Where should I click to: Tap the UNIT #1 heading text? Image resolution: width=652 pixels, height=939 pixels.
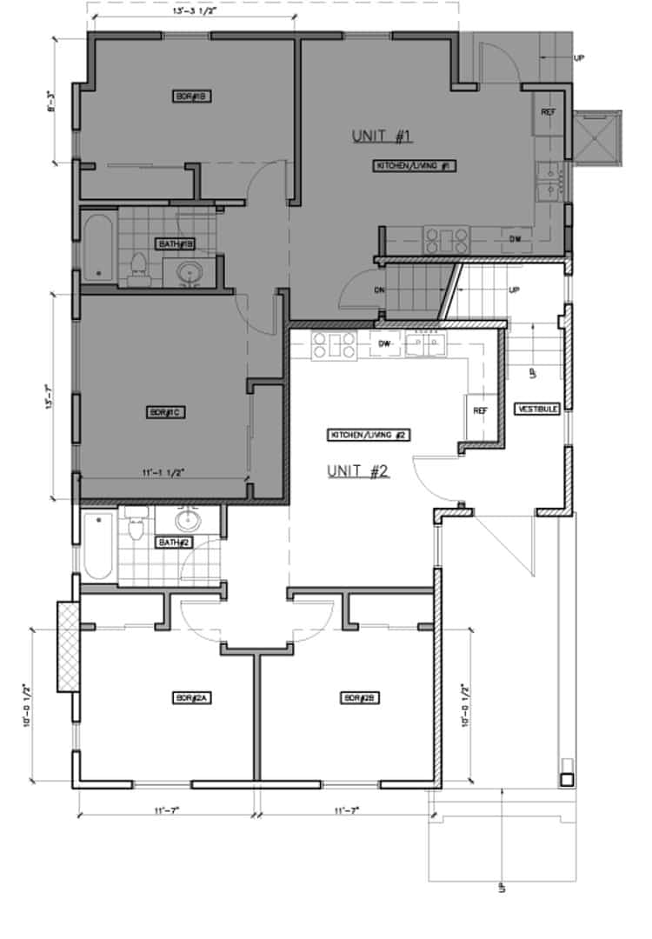point(381,136)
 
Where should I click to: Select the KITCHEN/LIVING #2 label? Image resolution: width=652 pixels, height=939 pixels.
point(368,435)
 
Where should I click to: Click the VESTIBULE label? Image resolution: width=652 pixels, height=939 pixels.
point(537,408)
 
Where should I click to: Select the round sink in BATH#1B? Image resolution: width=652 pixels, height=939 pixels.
point(192,273)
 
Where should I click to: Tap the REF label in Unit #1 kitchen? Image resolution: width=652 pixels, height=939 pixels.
point(549,112)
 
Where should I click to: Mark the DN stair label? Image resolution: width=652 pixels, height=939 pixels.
point(379,290)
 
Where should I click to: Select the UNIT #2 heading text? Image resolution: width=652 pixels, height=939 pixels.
point(356,471)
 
